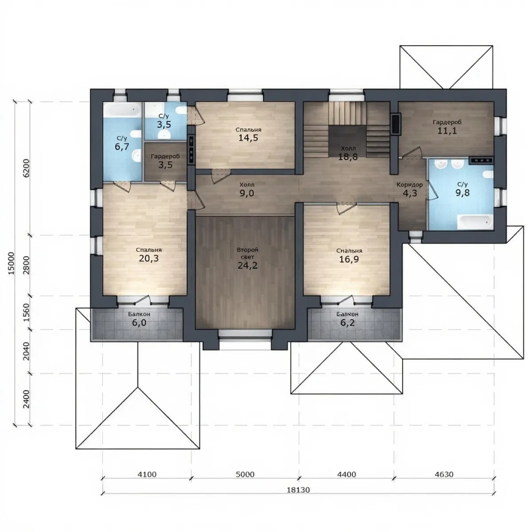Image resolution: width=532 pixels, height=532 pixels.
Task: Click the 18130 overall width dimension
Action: coord(298,490)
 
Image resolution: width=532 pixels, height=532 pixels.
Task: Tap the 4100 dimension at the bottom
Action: coord(147,474)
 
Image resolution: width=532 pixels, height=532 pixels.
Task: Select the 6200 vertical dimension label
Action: coord(26,168)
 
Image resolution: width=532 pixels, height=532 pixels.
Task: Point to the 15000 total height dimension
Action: coord(11,263)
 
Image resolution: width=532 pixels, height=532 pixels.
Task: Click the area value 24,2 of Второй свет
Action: coord(247,265)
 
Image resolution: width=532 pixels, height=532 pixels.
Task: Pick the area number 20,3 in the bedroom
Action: coord(149,258)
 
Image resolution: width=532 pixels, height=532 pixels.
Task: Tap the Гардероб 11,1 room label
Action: coord(447,127)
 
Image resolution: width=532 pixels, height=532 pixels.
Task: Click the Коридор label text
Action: coord(410,185)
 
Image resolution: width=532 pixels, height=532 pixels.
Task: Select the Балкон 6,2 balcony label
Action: coord(347,319)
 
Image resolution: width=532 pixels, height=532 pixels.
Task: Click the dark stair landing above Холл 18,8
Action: coord(347,141)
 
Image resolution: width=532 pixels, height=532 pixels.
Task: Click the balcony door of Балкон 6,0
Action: coord(143,301)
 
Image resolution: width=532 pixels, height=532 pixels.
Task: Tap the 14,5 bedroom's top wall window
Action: coord(245,95)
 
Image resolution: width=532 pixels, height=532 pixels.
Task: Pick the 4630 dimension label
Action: coord(444,474)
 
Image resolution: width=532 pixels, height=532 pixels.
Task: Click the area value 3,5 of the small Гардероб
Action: coord(165,165)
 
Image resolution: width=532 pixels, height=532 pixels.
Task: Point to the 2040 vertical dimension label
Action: coord(26,351)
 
